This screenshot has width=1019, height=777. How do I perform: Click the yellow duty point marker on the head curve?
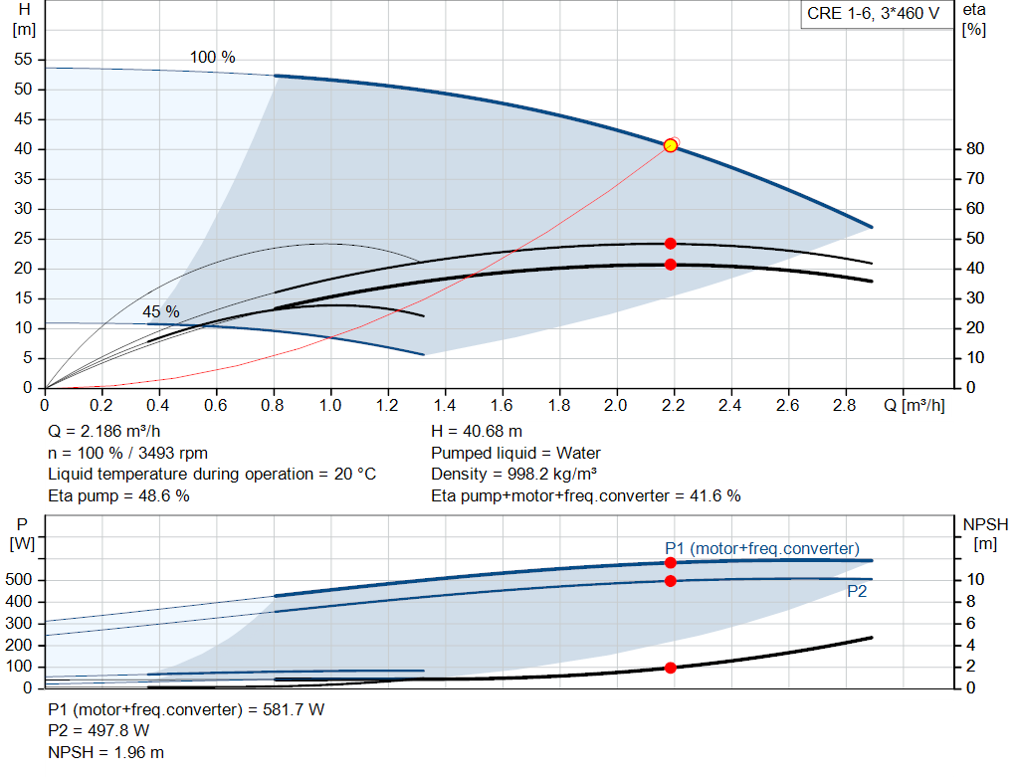tap(671, 145)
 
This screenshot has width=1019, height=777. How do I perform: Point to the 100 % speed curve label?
tap(213, 58)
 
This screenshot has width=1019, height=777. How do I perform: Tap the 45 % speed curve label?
tap(160, 311)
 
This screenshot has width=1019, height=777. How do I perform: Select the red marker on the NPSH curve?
tap(671, 668)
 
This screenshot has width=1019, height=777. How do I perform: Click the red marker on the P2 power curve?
tap(671, 580)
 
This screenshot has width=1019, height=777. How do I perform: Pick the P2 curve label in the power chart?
tap(858, 591)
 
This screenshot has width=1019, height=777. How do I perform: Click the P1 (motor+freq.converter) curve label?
tap(762, 548)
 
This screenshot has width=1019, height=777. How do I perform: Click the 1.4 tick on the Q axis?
tap(445, 406)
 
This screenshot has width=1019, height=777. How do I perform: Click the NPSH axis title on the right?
tap(985, 524)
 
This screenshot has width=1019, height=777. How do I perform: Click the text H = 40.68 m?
tap(477, 432)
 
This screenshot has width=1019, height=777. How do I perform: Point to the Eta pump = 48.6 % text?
tap(118, 495)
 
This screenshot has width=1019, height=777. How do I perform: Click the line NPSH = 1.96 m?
tap(106, 752)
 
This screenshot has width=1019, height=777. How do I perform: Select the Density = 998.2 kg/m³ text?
tap(514, 475)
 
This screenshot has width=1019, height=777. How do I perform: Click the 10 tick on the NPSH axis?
tap(975, 580)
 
